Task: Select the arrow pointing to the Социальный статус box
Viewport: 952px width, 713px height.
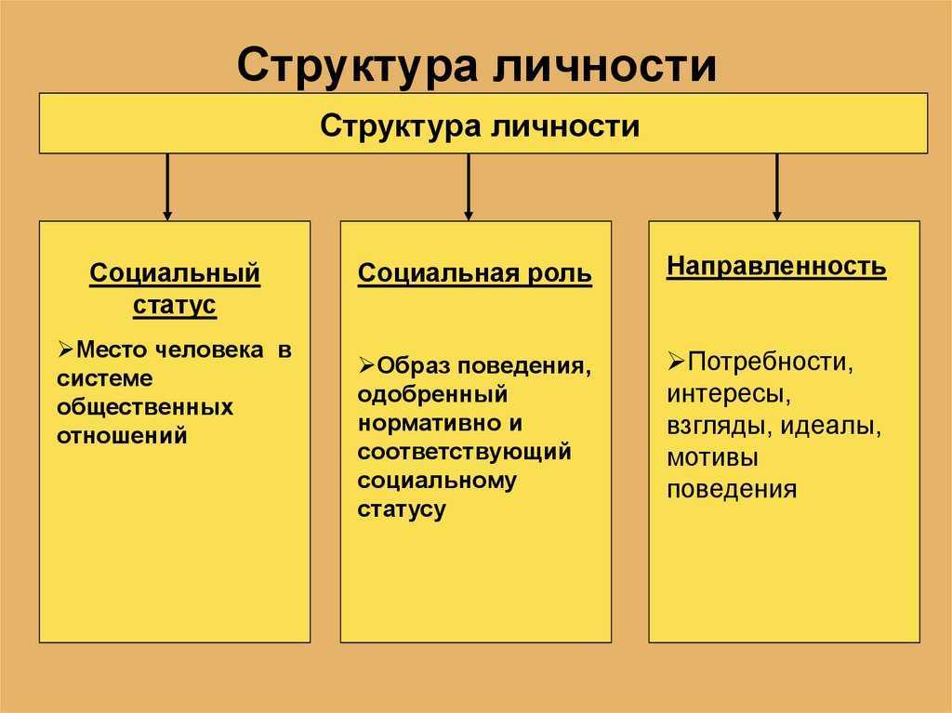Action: click(x=167, y=187)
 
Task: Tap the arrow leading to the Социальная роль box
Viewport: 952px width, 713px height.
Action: click(x=469, y=187)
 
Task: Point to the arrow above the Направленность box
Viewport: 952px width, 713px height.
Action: click(x=776, y=187)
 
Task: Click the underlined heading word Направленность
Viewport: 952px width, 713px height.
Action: click(x=776, y=267)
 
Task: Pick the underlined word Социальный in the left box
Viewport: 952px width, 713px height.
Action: click(x=175, y=273)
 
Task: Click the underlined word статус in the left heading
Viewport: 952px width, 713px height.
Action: click(x=175, y=304)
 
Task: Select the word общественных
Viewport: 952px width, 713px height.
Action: click(x=145, y=407)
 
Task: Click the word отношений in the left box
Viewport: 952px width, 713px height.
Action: click(x=122, y=435)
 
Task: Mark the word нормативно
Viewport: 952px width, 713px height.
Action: click(x=430, y=423)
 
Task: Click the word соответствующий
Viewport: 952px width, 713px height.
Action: click(x=465, y=452)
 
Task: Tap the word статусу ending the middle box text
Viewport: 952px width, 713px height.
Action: click(x=402, y=508)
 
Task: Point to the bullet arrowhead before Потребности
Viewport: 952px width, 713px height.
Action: click(x=677, y=362)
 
